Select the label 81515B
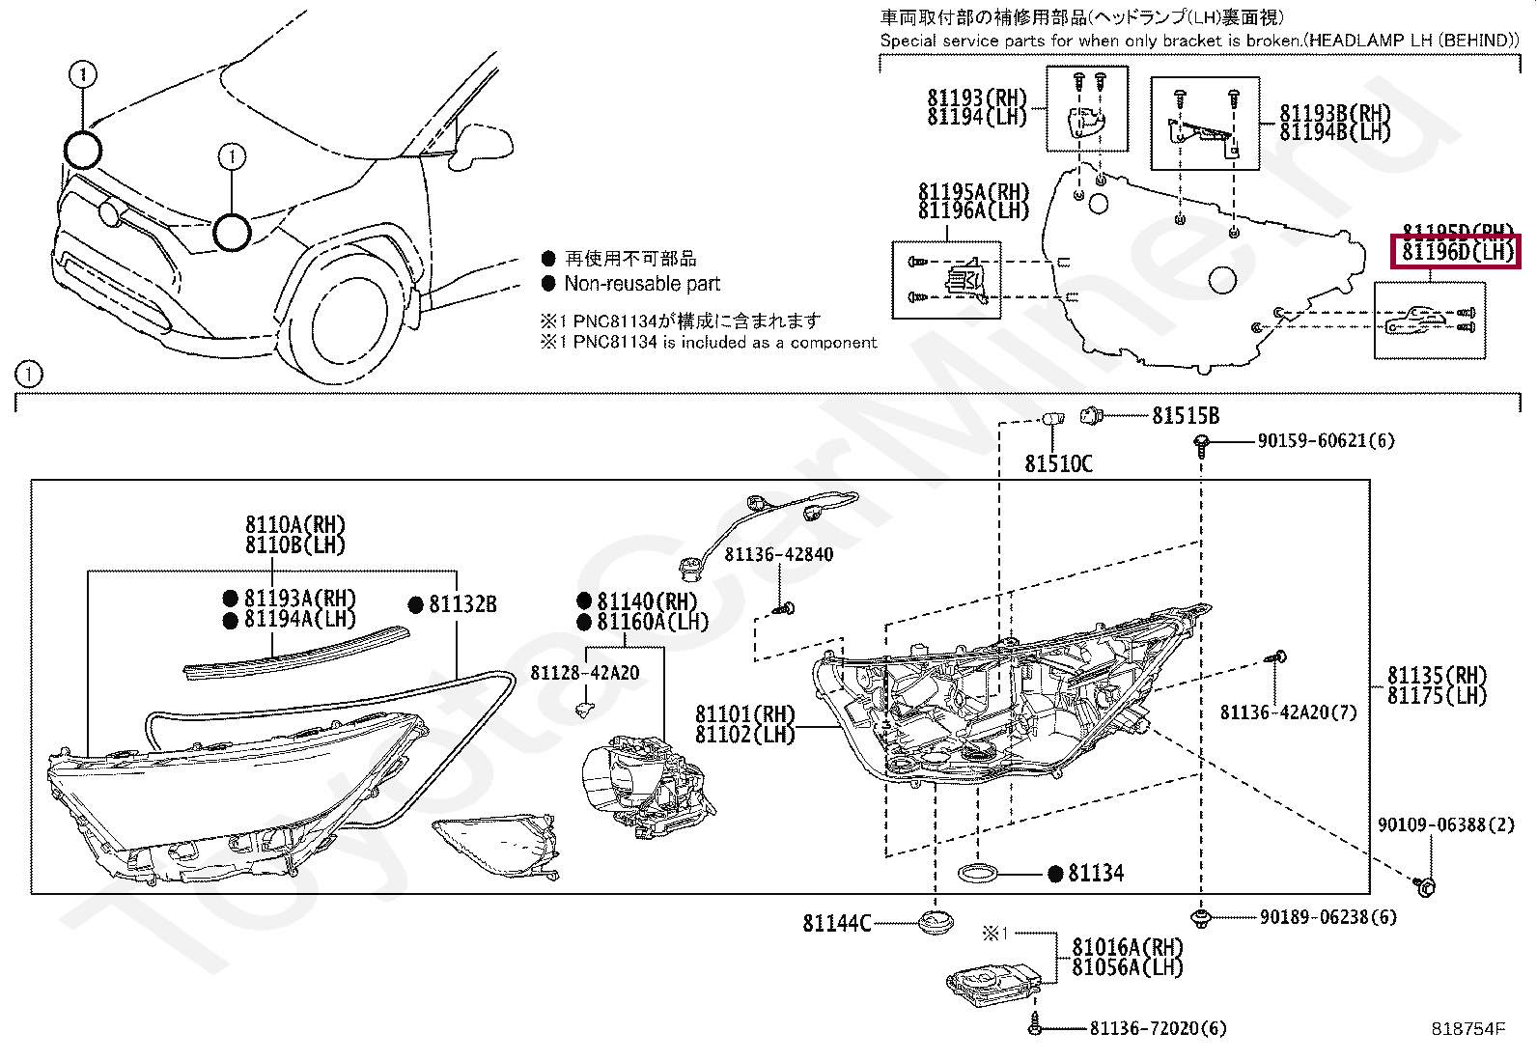[x=1185, y=416]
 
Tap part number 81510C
[x=1058, y=464]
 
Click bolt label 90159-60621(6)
[x=1326, y=441]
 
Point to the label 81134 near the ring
[x=1096, y=874]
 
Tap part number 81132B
[x=462, y=604]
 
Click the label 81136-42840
[x=778, y=555]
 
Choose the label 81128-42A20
[x=584, y=673]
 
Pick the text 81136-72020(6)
[x=1159, y=1029]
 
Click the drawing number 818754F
[x=1467, y=1029]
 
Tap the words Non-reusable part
[x=642, y=284]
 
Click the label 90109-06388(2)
[x=1432, y=825]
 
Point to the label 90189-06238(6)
[x=1327, y=917]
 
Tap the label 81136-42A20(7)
[x=1288, y=712]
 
